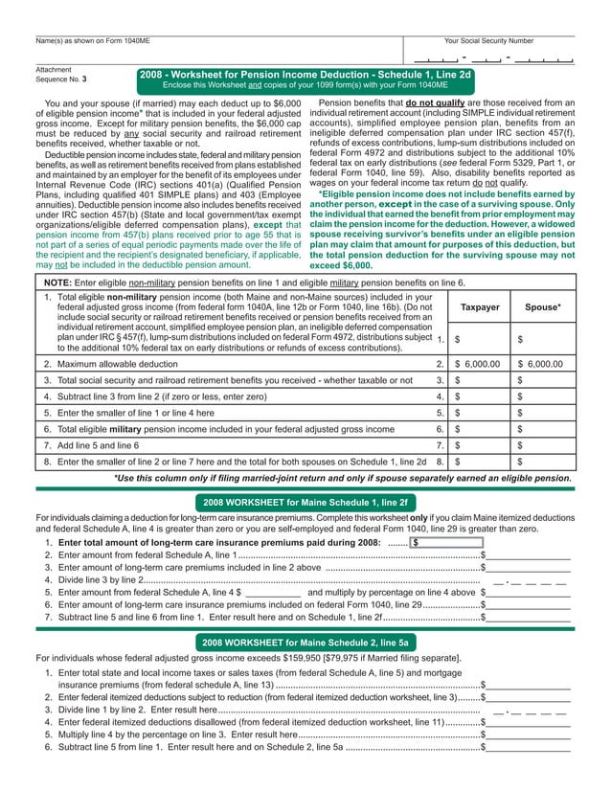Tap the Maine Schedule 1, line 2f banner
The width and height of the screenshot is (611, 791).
[x=305, y=501]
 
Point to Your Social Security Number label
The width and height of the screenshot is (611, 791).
[x=488, y=41]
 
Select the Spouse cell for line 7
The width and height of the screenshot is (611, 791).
[x=543, y=445]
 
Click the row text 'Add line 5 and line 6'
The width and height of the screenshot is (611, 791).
[x=92, y=445]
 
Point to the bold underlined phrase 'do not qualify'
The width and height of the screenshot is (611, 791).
[x=437, y=101]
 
